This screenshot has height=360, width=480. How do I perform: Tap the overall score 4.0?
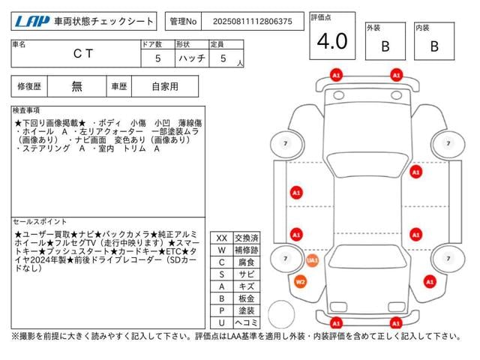pos(331,42)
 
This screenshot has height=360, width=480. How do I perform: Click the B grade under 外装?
pos(385,46)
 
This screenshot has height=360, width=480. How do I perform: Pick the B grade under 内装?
pos(433,46)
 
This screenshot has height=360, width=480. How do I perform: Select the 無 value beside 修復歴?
pos(77,86)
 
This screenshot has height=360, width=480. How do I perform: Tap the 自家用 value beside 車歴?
pos(164,86)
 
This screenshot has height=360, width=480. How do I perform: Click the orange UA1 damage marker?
pos(312,260)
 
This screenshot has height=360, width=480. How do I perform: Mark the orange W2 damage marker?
pos(300,282)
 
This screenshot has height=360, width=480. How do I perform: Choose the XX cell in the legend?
pos(221,238)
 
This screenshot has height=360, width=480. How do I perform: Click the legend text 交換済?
pos(247,238)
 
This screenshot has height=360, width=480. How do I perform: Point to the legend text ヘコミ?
pos(247,322)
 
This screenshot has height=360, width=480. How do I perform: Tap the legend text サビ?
pos(247,274)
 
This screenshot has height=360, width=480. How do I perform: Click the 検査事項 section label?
pos(27,110)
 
